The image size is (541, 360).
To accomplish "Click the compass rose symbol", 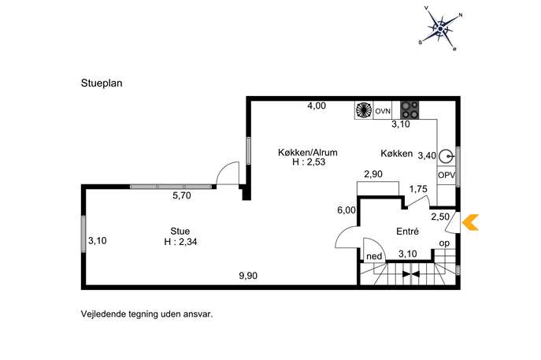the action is [x=441, y=29].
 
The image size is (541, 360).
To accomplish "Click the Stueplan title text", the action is [x=102, y=84].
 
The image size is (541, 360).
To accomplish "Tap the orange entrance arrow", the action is [x=470, y=222].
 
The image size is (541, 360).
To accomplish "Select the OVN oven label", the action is [x=383, y=111].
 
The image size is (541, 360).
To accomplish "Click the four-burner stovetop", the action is [x=409, y=109].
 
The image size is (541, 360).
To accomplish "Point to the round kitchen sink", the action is [x=447, y=157].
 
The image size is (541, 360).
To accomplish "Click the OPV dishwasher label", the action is [x=447, y=176].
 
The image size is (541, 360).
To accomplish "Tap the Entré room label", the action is [x=407, y=232].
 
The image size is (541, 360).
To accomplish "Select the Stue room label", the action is [x=180, y=231].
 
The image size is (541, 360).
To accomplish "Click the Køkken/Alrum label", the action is [x=308, y=152].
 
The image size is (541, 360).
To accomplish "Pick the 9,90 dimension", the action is [x=248, y=276].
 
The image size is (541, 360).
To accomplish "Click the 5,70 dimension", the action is [x=181, y=195].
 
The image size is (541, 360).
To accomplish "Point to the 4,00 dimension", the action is [x=317, y=106].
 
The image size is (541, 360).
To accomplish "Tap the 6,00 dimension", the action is [x=346, y=210].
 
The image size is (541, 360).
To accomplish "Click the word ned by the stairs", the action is [x=374, y=256].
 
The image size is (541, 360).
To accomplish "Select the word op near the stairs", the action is [x=444, y=243].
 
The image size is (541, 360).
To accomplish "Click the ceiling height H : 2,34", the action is [x=180, y=242].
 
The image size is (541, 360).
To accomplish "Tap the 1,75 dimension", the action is [x=418, y=189].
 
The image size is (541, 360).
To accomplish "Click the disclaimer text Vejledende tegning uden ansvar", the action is [x=147, y=314].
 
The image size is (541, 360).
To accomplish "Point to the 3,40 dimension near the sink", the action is [x=427, y=156].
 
